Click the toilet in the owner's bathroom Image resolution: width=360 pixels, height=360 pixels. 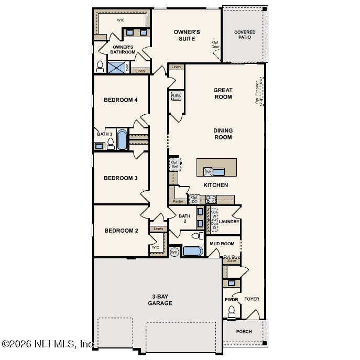(100, 67)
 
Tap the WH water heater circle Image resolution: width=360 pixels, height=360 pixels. (174, 252)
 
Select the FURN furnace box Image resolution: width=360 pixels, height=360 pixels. (176, 96)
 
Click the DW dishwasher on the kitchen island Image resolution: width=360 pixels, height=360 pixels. (208, 171)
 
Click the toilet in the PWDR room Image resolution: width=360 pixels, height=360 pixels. (231, 312)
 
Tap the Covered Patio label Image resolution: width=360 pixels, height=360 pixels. (245, 35)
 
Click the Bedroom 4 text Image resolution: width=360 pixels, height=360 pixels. (121, 100)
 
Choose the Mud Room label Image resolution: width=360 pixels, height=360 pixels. (222, 244)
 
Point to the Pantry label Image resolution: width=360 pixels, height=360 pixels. (178, 201)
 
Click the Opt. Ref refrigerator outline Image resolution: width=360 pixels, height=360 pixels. (175, 165)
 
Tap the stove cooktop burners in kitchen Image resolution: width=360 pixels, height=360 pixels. (211, 199)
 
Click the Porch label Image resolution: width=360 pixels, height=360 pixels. (244, 331)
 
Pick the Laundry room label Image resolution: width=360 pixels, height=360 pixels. (229, 222)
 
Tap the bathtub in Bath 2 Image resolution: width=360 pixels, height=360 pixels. (192, 252)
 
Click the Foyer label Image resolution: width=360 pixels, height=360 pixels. (252, 299)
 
